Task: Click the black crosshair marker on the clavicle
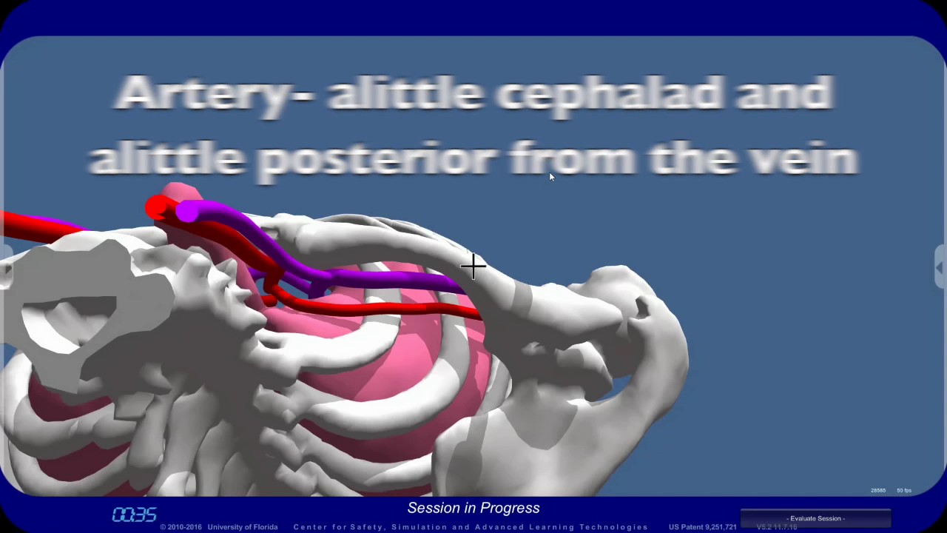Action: (473, 266)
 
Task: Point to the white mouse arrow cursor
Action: (551, 176)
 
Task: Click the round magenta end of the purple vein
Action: (186, 212)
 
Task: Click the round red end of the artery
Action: (156, 207)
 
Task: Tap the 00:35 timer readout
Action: (134, 514)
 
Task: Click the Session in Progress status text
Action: (473, 508)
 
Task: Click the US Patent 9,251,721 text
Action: (702, 527)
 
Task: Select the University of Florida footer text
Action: (242, 527)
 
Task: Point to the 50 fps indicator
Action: (904, 491)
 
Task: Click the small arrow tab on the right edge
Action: (940, 266)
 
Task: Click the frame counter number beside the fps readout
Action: (878, 491)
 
